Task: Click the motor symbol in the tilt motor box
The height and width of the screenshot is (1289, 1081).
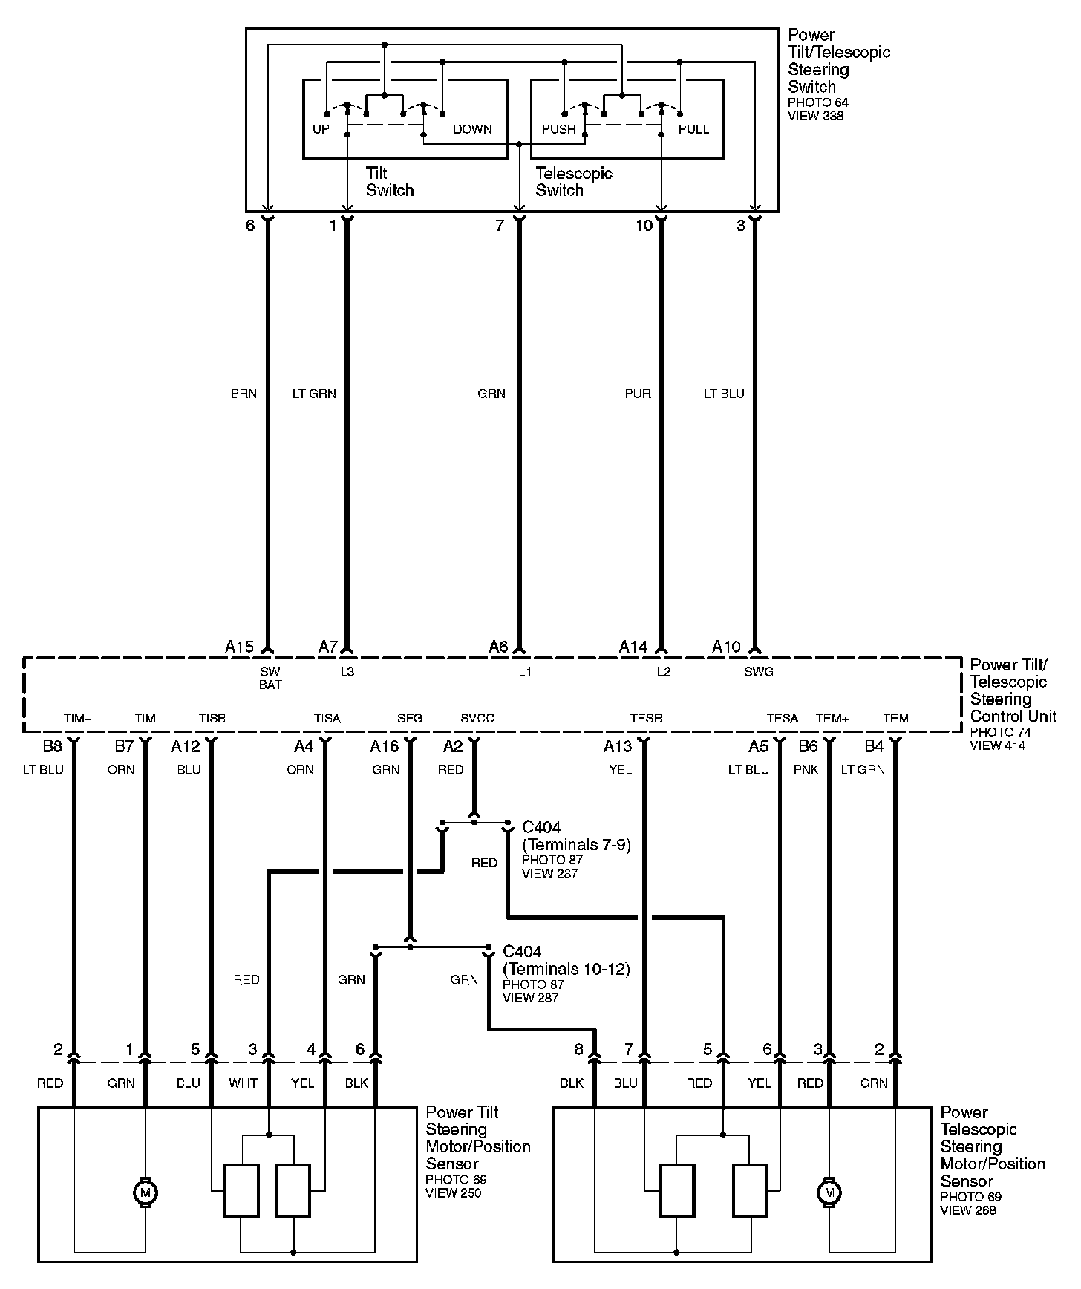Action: point(145,1192)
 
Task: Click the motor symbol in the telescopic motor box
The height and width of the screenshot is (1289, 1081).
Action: point(829,1192)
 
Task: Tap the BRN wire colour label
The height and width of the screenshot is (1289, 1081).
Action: point(244,394)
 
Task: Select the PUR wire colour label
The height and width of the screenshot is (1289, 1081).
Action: point(638,394)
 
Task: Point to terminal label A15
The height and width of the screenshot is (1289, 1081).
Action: point(239,647)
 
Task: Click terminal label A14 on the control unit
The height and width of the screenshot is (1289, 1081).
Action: point(633,647)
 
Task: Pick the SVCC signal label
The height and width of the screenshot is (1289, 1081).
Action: point(477,718)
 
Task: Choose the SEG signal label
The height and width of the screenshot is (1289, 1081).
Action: point(410,718)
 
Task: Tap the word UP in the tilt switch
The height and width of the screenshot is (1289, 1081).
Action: point(321,129)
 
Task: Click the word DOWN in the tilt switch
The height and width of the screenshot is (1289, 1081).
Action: point(472,129)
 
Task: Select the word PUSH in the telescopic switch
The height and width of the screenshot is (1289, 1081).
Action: point(558,129)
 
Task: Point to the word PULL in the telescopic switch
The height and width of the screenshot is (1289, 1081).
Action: point(693,129)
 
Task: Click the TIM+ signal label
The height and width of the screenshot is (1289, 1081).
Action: point(77,718)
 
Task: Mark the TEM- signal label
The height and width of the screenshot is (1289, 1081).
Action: point(898,718)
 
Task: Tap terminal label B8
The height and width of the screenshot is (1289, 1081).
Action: point(52,745)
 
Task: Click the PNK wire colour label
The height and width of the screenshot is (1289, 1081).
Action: point(806,770)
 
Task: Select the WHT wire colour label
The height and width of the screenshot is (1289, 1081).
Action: point(243,1083)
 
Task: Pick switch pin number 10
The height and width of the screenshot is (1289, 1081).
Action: point(644,225)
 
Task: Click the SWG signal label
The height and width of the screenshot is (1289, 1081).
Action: point(759,672)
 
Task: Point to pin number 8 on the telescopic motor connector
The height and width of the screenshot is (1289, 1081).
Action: point(579,1050)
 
